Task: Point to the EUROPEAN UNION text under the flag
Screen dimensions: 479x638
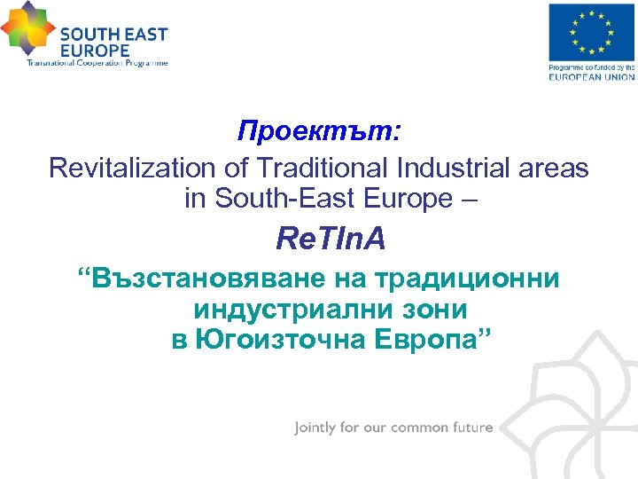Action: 592,77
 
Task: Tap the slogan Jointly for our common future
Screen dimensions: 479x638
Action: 393,428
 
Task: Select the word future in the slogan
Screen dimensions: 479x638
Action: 471,428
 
